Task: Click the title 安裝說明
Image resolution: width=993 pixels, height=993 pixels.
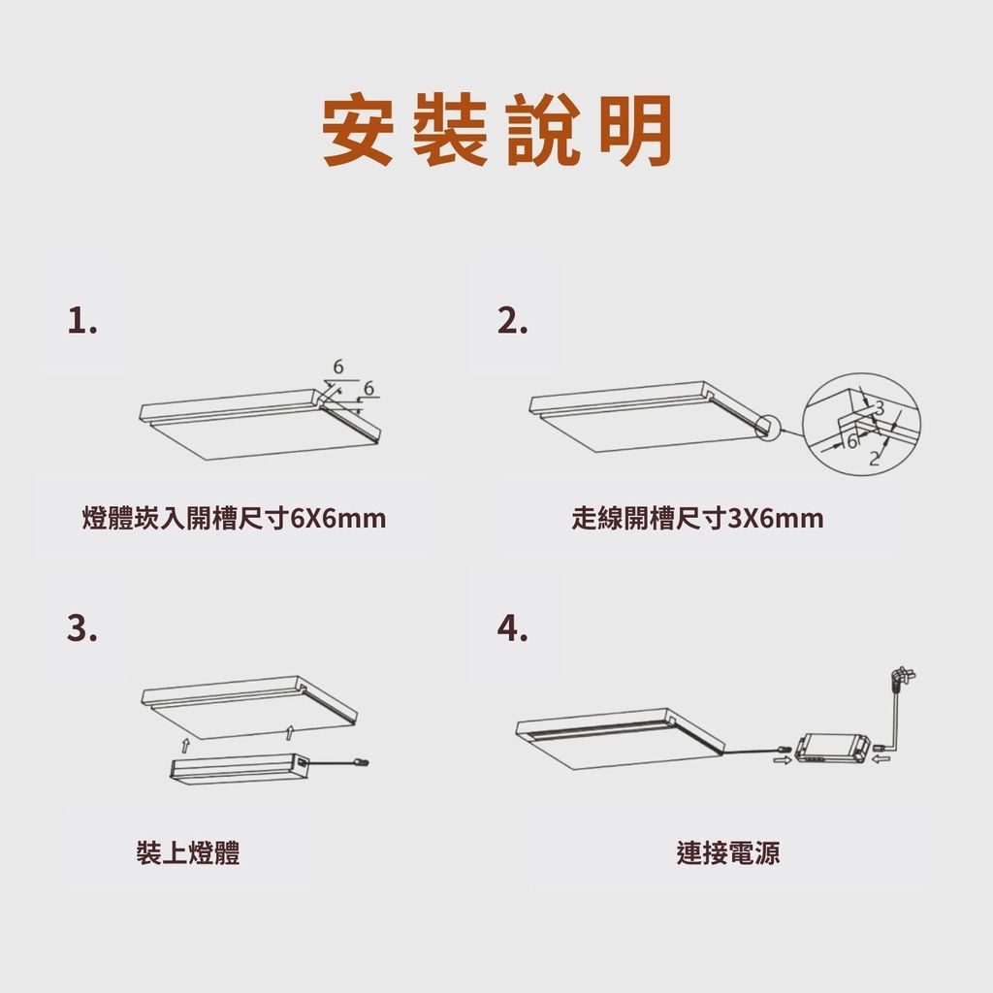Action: tap(496, 130)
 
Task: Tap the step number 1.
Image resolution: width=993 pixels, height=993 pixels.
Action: tap(82, 321)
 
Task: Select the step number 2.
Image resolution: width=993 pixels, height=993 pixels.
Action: tap(512, 321)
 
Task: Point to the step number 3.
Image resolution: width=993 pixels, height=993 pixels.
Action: tap(82, 628)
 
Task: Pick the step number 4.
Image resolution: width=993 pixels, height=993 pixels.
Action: tap(512, 628)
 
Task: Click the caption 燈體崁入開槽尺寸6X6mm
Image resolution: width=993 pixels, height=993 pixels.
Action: tap(234, 519)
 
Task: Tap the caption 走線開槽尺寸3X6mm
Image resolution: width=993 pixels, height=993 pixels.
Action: tap(697, 519)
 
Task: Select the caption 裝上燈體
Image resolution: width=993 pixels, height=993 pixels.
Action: tap(188, 852)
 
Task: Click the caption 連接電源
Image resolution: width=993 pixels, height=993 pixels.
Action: tap(728, 852)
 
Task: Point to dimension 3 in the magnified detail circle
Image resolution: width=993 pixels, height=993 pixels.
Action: tap(879, 408)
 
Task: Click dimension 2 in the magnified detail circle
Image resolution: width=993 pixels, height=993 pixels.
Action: tap(875, 458)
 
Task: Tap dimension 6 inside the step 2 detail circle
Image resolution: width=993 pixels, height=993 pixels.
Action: tap(852, 441)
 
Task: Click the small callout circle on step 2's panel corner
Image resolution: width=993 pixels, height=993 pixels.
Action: tap(768, 428)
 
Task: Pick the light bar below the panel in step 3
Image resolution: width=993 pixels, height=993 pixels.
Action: tap(240, 768)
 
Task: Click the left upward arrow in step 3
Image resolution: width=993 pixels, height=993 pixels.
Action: tap(185, 745)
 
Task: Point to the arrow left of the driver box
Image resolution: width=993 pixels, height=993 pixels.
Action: tap(783, 760)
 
